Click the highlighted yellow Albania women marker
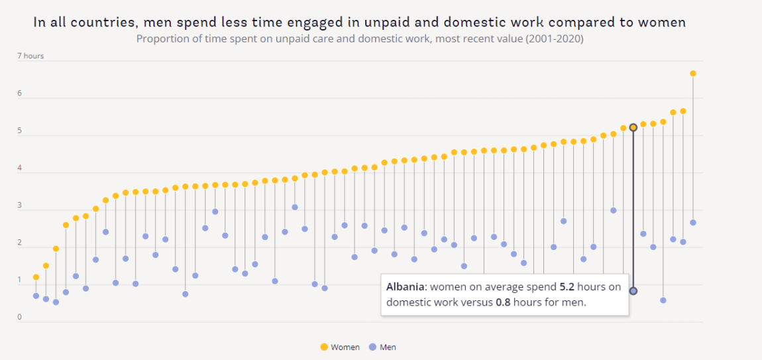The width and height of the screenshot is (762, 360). click(x=633, y=127)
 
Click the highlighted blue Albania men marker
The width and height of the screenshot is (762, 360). click(x=633, y=291)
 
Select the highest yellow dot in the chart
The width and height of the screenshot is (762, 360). click(x=692, y=74)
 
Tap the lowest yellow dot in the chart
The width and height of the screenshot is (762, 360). click(x=36, y=277)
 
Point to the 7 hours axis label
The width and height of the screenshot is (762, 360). click(x=30, y=56)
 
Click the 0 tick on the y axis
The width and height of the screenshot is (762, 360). click(x=19, y=318)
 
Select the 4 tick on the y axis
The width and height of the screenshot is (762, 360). click(x=19, y=168)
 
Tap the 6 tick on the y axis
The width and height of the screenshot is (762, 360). click(x=19, y=93)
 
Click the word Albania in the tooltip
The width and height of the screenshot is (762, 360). click(x=406, y=288)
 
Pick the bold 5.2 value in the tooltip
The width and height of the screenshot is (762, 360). click(x=568, y=288)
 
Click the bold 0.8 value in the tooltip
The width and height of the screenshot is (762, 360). click(x=504, y=302)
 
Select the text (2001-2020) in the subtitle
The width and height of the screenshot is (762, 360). click(x=555, y=39)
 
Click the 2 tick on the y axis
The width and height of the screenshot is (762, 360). click(x=19, y=243)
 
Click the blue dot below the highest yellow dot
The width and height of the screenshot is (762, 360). click(x=692, y=223)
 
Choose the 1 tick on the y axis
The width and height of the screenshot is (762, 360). click(x=19, y=280)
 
